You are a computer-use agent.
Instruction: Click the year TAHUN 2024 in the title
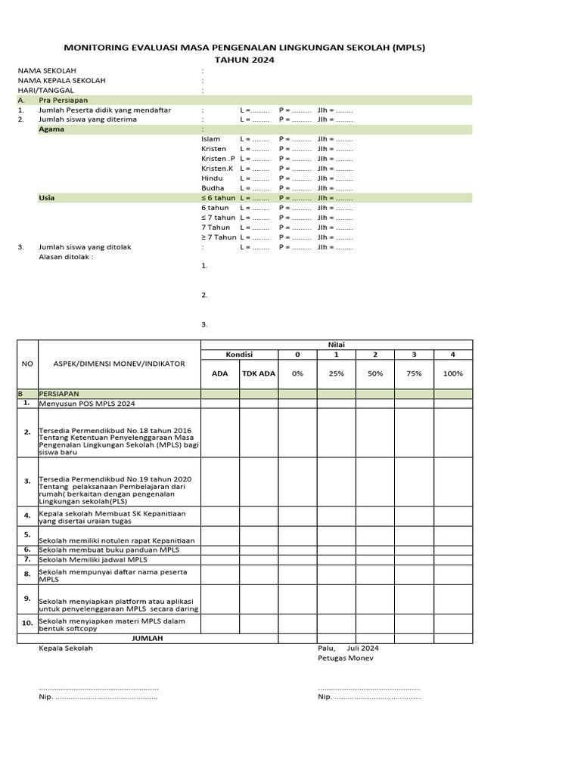244,60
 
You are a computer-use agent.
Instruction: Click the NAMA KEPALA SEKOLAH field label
62,80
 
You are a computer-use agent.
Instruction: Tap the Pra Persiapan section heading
64,100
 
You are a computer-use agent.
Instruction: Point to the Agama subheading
51,129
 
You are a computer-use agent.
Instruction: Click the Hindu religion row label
212,178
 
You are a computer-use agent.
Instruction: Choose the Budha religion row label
213,187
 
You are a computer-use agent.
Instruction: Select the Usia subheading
47,197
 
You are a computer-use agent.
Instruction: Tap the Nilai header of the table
336,345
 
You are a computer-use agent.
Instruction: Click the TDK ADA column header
258,373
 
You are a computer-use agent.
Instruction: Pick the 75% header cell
414,373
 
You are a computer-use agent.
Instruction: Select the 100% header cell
452,373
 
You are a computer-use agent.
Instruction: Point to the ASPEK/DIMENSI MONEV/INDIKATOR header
119,364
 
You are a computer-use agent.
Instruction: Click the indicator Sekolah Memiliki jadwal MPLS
93,560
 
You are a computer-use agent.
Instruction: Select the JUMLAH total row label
148,639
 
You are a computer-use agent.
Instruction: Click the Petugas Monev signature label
345,658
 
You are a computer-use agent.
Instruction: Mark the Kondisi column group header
239,354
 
